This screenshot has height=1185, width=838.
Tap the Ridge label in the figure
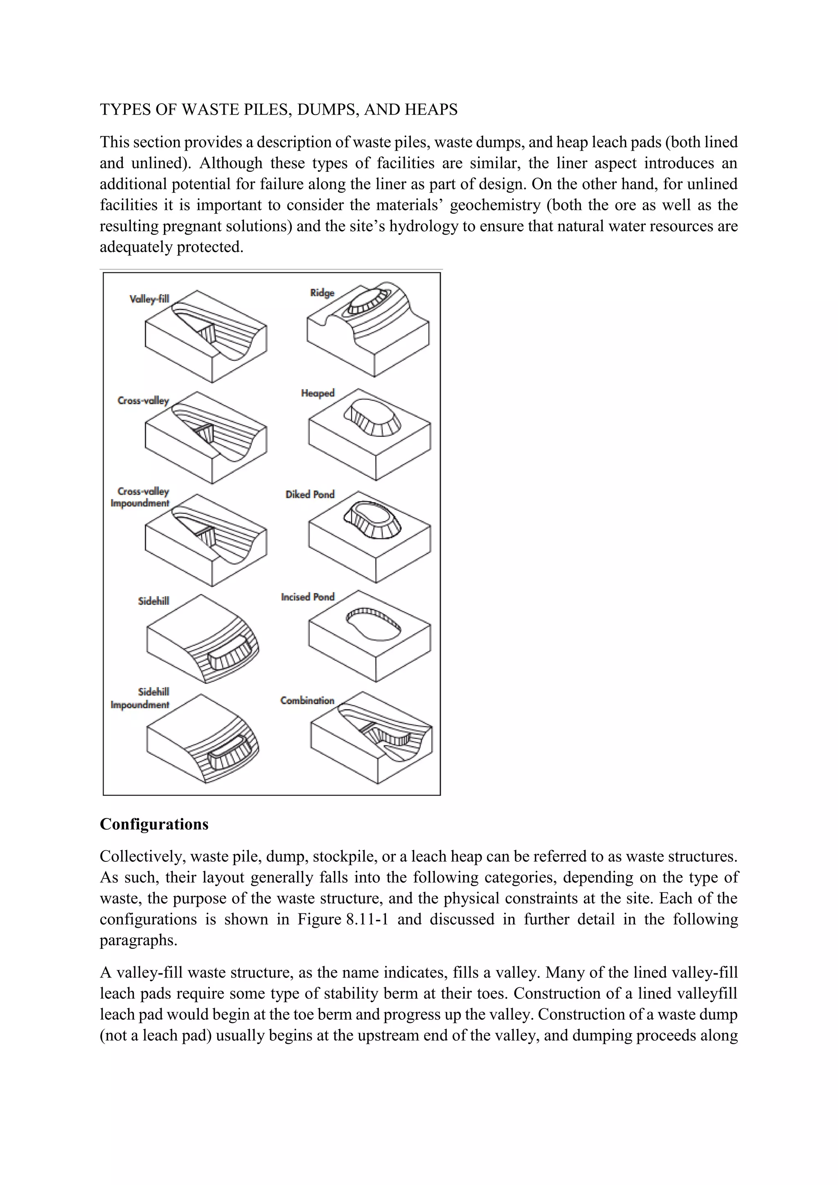point(322,293)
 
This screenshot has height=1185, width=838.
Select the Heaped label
point(318,393)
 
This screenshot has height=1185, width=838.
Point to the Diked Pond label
point(310,494)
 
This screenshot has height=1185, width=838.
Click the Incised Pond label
point(308,597)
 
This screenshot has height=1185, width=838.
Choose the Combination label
point(307,701)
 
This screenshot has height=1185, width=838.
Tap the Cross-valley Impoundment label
point(140,498)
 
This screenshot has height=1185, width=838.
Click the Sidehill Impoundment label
point(140,698)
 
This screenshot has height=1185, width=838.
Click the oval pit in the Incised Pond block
point(373,624)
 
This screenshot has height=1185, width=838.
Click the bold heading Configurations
point(154,824)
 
